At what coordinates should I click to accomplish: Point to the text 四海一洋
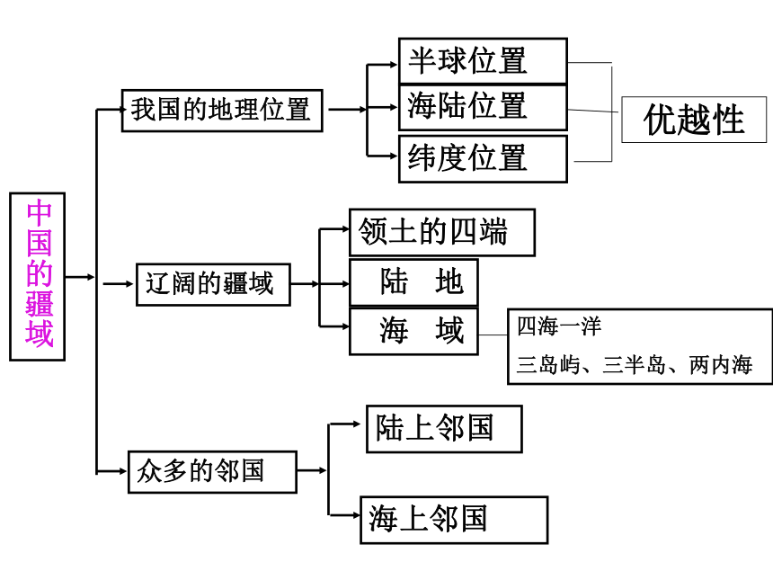pyautogui.click(x=559, y=326)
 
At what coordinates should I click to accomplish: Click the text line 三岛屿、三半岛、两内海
pyautogui.click(x=635, y=365)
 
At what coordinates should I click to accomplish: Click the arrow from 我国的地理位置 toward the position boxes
pyautogui.click(x=347, y=110)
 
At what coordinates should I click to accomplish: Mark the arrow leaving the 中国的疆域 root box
pyautogui.click(x=80, y=277)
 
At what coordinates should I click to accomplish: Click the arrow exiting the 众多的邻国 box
pyautogui.click(x=312, y=470)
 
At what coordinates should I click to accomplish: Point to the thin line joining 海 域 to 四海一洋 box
pyautogui.click(x=493, y=335)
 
